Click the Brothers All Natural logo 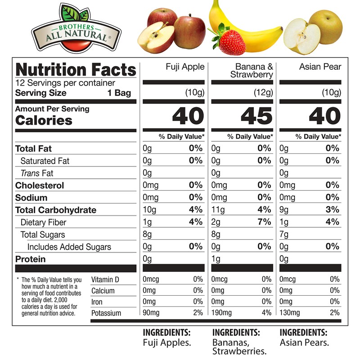[76, 29]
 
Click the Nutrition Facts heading [76, 70]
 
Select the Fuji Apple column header [184, 67]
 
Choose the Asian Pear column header [320, 67]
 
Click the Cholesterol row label [40, 185]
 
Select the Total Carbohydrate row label [56, 210]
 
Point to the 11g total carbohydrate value [217, 210]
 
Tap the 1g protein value [215, 259]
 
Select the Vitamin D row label [105, 279]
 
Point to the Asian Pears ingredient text [304, 342]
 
